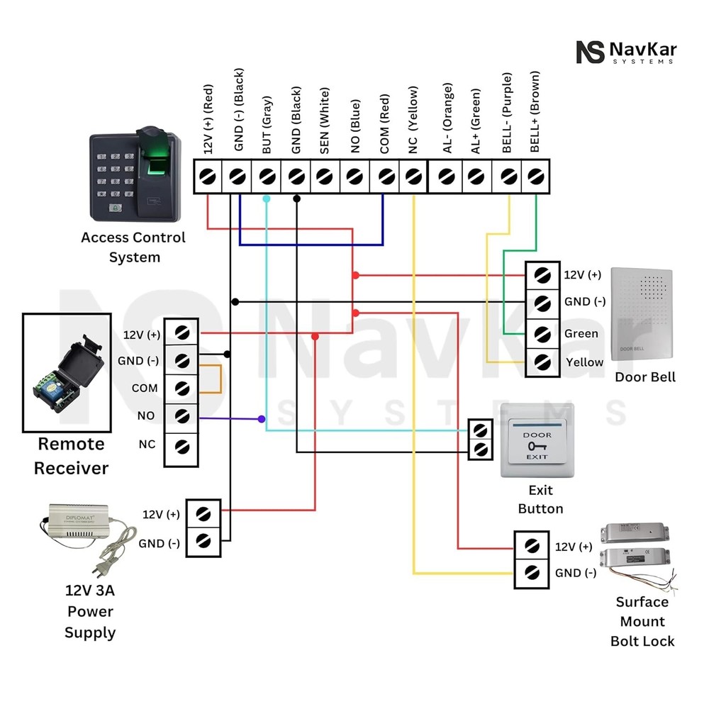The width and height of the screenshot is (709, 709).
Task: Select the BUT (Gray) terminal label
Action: click(x=267, y=124)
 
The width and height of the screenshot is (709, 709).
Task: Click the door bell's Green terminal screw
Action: click(x=542, y=333)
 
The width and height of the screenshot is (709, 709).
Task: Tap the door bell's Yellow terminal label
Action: click(x=584, y=362)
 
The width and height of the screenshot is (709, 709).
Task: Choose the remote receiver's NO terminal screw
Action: click(x=182, y=415)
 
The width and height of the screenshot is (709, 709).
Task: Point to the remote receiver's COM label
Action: click(x=145, y=389)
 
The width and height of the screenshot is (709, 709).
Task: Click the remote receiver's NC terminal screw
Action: click(x=182, y=445)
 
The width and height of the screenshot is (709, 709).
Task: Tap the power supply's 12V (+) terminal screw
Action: click(x=203, y=514)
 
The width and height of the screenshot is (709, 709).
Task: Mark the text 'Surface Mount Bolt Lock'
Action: click(x=642, y=621)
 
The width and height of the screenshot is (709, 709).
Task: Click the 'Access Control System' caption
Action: click(x=133, y=247)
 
